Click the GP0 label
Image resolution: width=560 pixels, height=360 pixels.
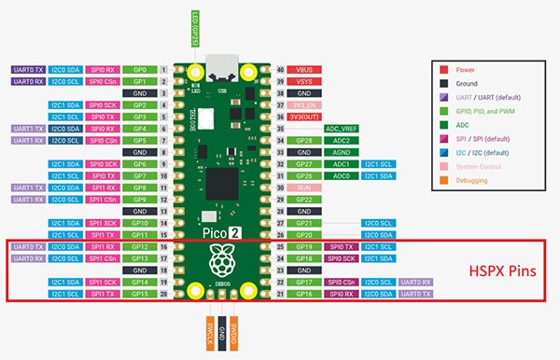[140, 70]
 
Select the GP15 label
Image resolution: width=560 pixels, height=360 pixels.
[140, 294]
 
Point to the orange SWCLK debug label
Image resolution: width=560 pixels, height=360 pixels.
[208, 333]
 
